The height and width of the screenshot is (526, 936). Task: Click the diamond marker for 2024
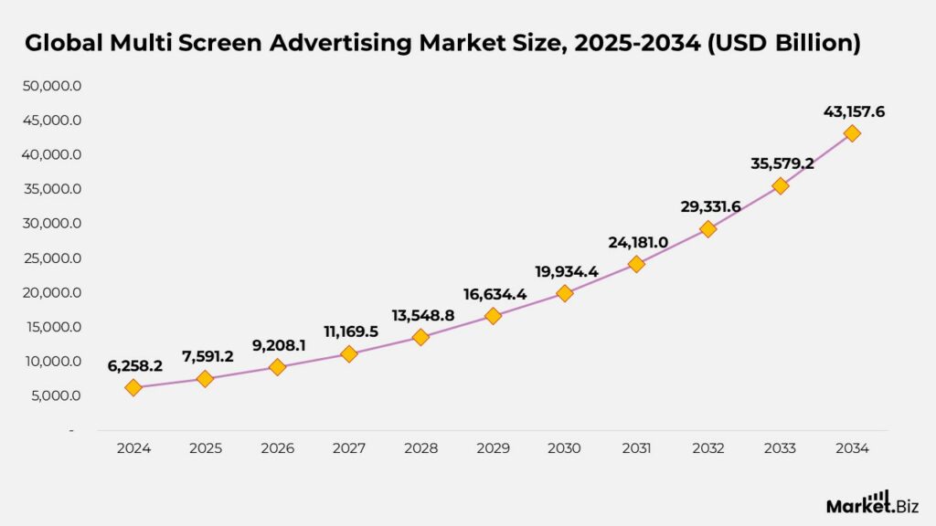[133, 387]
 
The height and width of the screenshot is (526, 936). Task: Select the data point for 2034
[852, 133]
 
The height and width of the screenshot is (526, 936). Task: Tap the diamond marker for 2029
[493, 316]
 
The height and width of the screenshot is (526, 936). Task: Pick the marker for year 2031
[636, 264]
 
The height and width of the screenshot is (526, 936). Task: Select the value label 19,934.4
[565, 271]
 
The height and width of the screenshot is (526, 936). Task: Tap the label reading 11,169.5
[349, 331]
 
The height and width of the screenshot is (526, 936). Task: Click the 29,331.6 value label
[708, 207]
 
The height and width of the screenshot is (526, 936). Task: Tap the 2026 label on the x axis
[277, 448]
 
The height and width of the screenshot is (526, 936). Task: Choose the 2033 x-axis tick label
[780, 448]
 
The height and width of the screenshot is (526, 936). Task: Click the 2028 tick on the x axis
[420, 448]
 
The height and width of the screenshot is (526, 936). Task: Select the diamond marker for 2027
[349, 353]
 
